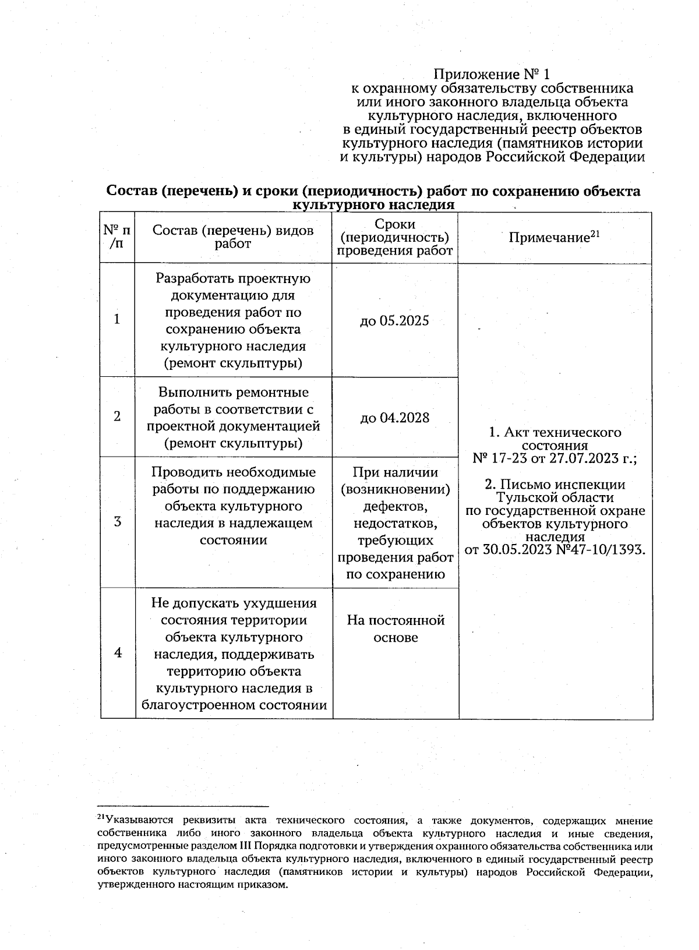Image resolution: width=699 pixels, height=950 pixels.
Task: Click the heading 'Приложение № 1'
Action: (x=492, y=75)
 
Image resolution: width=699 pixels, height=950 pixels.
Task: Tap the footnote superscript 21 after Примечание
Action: (x=595, y=234)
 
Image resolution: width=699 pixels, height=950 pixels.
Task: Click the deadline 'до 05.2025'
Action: (x=394, y=321)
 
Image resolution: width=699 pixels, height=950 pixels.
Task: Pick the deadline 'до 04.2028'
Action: (x=394, y=418)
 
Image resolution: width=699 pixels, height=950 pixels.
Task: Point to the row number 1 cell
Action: (x=117, y=319)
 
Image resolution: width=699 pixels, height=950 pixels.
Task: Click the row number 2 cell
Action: (x=117, y=417)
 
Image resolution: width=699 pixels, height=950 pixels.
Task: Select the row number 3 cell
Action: (x=117, y=522)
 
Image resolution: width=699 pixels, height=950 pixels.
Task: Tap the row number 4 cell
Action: (x=117, y=652)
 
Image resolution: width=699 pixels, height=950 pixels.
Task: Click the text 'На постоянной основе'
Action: (x=396, y=628)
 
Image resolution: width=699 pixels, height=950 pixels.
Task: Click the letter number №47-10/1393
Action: (x=599, y=550)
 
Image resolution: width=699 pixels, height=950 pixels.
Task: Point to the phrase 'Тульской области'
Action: (x=555, y=498)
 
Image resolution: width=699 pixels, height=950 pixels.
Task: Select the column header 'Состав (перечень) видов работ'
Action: (x=233, y=237)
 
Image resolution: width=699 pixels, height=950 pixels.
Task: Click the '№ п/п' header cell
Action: (x=117, y=237)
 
